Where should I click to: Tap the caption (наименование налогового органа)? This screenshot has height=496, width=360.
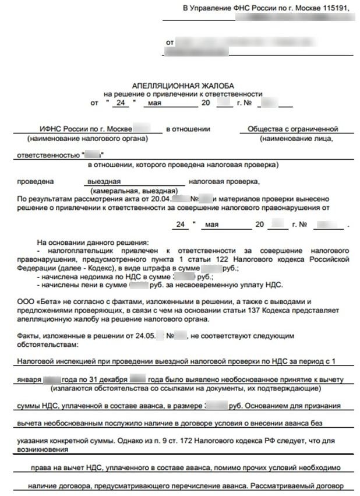click(x=87, y=139)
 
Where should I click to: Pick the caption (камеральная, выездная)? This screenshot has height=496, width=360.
click(x=134, y=191)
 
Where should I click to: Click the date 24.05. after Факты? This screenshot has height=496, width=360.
click(x=138, y=336)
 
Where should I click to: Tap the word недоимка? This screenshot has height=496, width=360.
click(x=87, y=276)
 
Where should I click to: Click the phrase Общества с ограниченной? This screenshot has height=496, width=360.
click(x=293, y=129)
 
